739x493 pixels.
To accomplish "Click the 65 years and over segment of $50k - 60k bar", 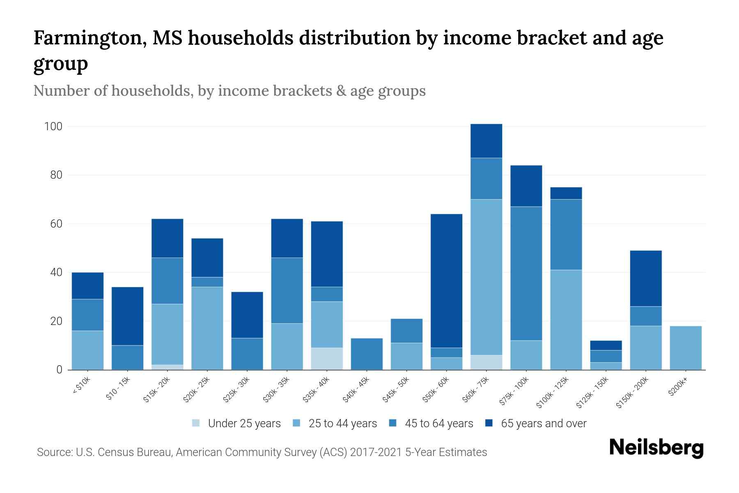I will point(446,281).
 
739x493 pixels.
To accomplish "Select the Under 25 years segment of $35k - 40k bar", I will point(327,359).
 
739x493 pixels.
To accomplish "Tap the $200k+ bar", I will point(686,348).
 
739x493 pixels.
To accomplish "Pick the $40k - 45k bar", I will point(367,354).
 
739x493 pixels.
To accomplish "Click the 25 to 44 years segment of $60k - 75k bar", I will point(486,277).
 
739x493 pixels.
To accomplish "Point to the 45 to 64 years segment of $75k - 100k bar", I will point(526,273).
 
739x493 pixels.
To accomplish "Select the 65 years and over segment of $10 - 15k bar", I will point(127,316).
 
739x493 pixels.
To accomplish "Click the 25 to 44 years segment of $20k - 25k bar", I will point(207,328).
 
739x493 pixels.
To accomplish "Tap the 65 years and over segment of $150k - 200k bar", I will point(645,279).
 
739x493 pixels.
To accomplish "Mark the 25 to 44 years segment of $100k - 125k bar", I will point(566,320).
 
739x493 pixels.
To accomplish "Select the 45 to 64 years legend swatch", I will point(393,423).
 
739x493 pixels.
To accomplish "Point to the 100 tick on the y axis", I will point(53,127).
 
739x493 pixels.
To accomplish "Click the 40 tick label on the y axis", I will point(56,272).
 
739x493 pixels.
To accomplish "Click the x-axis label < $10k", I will point(81,387).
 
